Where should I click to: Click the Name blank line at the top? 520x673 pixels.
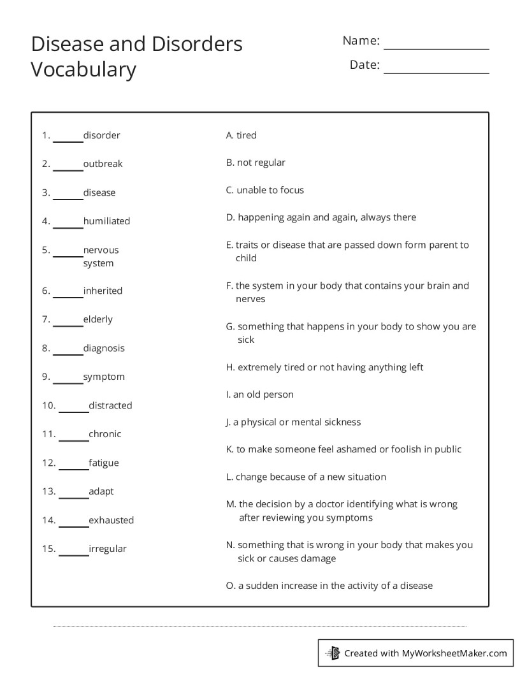pyautogui.click(x=436, y=48)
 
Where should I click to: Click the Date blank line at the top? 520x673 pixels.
pyautogui.click(x=436, y=73)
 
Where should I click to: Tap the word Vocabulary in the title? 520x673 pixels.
pyautogui.click(x=83, y=69)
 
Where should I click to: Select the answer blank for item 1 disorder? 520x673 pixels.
pyautogui.click(x=68, y=141)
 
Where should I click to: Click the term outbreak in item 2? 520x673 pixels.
pyautogui.click(x=103, y=164)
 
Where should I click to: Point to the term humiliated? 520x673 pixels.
pyautogui.click(x=106, y=221)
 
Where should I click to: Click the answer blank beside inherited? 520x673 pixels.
pyautogui.click(x=68, y=296)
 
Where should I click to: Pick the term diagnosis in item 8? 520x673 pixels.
pyautogui.click(x=104, y=349)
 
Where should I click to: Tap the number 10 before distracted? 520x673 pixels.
pyautogui.click(x=48, y=405)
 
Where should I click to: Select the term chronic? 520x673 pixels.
pyautogui.click(x=105, y=434)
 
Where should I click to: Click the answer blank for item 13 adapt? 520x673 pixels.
pyautogui.click(x=73, y=497)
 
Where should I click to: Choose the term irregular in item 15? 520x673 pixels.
pyautogui.click(x=108, y=549)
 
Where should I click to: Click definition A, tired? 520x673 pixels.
pyautogui.click(x=242, y=135)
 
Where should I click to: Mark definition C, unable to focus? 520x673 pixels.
pyautogui.click(x=265, y=190)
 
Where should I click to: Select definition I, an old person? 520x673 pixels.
pyautogui.click(x=260, y=394)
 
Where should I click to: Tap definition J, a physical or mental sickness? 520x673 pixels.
pyautogui.click(x=293, y=422)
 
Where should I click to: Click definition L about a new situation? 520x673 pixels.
pyautogui.click(x=306, y=477)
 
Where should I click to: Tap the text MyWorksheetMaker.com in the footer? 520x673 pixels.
pyautogui.click(x=454, y=653)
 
